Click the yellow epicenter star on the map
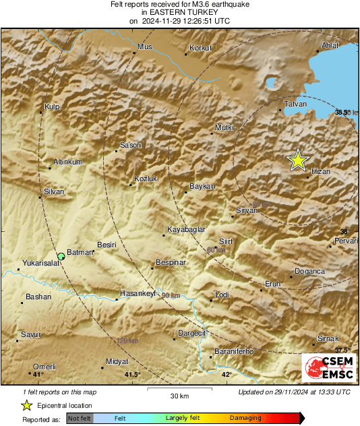(x=297, y=160)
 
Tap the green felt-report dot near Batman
(x=61, y=255)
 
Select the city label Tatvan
(x=294, y=104)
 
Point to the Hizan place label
(x=321, y=172)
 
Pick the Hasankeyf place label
(x=138, y=293)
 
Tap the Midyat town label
(x=117, y=362)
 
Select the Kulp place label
(x=52, y=106)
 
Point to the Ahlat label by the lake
(x=329, y=45)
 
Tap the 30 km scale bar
(x=179, y=390)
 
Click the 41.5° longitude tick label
(x=133, y=374)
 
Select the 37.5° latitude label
(x=342, y=351)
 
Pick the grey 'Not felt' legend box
(x=80, y=419)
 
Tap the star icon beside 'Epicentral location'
(x=26, y=405)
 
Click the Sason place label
(x=129, y=145)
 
